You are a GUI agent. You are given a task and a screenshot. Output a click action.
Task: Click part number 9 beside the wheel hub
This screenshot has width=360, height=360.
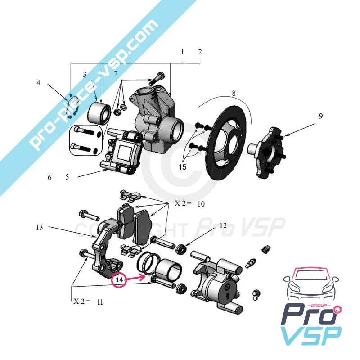coord(321,116)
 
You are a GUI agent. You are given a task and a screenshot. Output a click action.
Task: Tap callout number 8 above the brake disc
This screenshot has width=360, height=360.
coord(234,94)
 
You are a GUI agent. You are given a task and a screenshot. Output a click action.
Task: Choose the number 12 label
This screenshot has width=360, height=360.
coord(223,226)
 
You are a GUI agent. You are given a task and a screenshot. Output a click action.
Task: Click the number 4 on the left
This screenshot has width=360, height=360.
coord(39,83)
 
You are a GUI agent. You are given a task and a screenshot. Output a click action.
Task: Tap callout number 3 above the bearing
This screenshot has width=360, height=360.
coord(84,74)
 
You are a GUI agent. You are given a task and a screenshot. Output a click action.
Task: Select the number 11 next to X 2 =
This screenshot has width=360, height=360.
coord(99,302)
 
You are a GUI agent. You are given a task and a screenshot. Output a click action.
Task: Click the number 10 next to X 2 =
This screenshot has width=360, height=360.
coord(201,204)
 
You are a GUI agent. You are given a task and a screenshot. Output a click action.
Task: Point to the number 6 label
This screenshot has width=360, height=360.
coord(50,177)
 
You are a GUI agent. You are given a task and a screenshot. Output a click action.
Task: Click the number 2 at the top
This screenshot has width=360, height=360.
coord(200,52)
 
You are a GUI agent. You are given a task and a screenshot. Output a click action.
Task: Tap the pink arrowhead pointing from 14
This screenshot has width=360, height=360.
coord(146,278)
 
